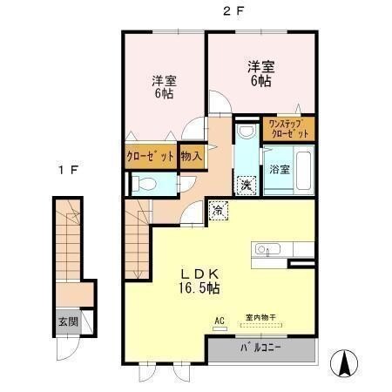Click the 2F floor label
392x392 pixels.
point(232,11)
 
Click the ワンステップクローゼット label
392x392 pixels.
point(288,129)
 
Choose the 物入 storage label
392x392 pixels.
point(192,158)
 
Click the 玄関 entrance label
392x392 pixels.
point(69,321)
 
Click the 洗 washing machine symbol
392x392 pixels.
point(247,186)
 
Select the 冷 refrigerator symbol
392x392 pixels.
point(217,210)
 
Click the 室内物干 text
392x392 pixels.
point(262,317)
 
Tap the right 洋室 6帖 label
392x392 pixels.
point(260,71)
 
